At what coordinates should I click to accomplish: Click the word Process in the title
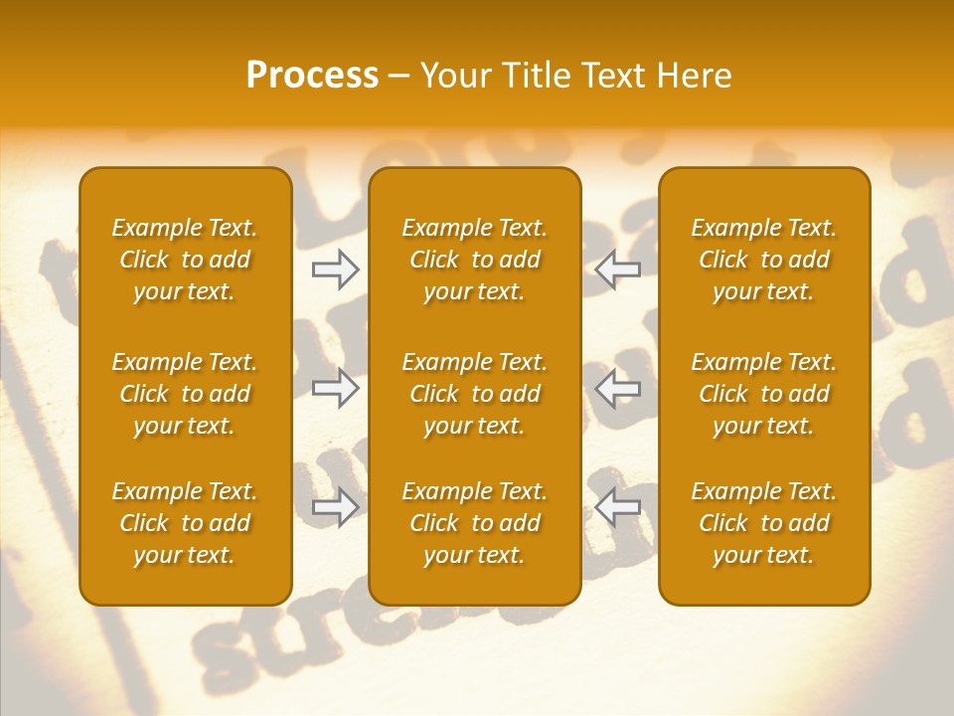312,76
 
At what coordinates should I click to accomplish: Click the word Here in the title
694,76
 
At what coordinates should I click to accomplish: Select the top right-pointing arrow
336,268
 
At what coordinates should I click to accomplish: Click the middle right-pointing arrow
336,388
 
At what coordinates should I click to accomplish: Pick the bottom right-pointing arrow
336,507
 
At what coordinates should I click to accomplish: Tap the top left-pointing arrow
617,268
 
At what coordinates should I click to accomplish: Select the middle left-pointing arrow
617,388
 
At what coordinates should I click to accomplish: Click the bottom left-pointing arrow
617,507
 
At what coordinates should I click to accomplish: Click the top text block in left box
185,260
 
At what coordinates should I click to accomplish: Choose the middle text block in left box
185,394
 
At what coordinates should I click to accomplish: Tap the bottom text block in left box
185,523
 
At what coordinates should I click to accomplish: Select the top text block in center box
475,260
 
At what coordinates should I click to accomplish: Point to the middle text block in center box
475,394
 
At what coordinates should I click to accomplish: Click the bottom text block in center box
475,523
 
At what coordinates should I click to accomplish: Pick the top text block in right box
764,260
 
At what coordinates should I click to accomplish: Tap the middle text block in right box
764,394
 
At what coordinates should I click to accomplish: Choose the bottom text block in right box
764,523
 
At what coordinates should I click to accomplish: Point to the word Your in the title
453,76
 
